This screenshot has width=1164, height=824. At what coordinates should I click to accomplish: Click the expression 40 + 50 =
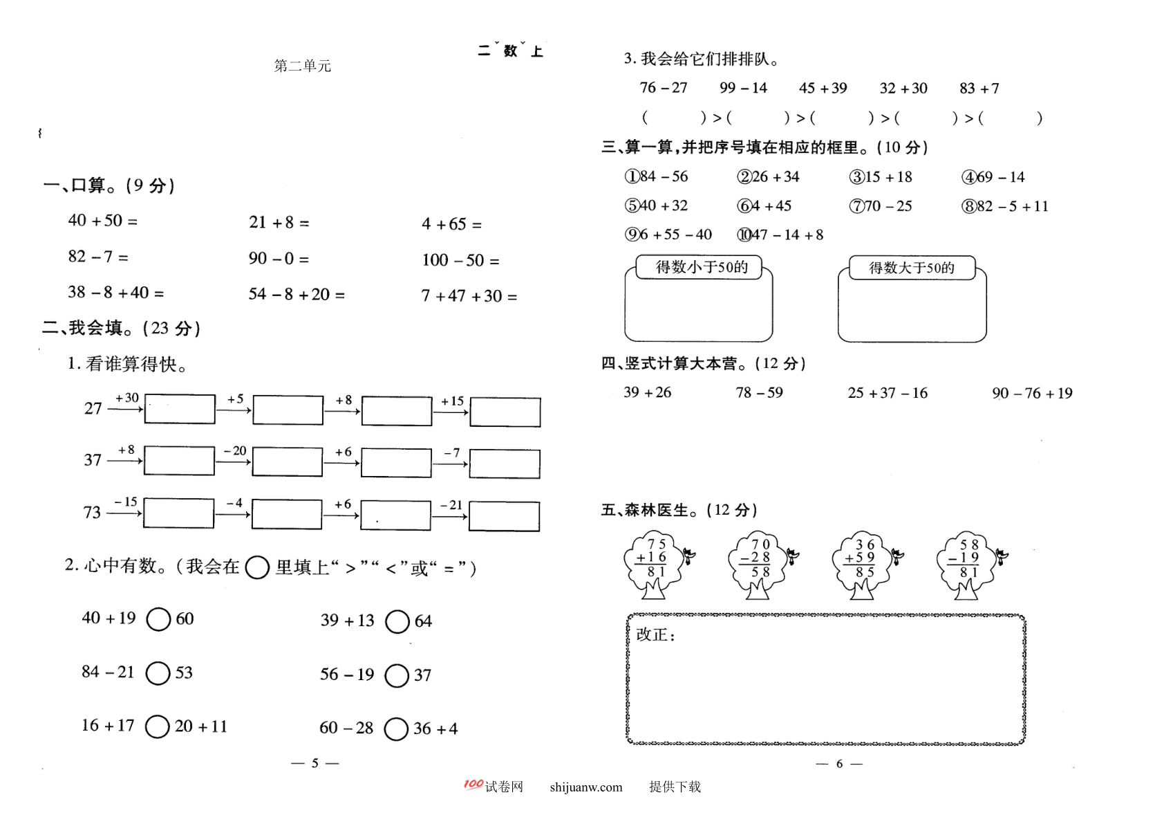(103, 221)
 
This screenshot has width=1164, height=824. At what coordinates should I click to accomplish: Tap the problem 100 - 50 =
(460, 260)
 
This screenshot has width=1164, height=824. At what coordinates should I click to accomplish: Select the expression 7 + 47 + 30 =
(469, 296)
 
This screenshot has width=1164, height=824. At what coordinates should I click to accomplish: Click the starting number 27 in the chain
(93, 408)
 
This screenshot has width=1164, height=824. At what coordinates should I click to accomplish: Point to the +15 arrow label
(452, 401)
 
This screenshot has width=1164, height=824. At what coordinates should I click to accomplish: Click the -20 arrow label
(235, 450)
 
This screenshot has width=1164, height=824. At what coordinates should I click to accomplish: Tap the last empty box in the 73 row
(504, 516)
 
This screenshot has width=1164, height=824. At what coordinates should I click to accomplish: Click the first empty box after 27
(180, 409)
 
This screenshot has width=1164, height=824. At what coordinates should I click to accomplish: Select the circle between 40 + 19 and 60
(158, 619)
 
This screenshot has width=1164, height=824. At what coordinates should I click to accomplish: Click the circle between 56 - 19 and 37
(397, 675)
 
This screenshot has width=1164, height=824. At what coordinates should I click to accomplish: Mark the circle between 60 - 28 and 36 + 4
(396, 729)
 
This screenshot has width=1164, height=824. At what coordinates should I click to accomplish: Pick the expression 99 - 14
(743, 88)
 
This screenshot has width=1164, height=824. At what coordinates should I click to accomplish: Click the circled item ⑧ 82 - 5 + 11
(1005, 207)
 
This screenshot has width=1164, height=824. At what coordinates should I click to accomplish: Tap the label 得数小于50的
(702, 267)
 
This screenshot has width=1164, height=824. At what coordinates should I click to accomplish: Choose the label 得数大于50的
(912, 268)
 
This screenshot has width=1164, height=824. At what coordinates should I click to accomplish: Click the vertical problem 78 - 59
(759, 393)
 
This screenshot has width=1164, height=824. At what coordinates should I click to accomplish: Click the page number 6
(839, 764)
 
